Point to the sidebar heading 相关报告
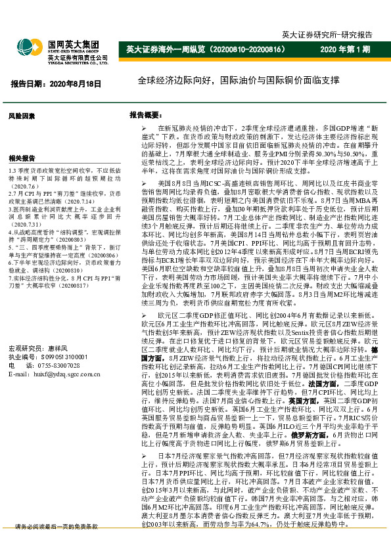pos(22,158)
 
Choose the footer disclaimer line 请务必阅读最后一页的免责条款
pos(56,545)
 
